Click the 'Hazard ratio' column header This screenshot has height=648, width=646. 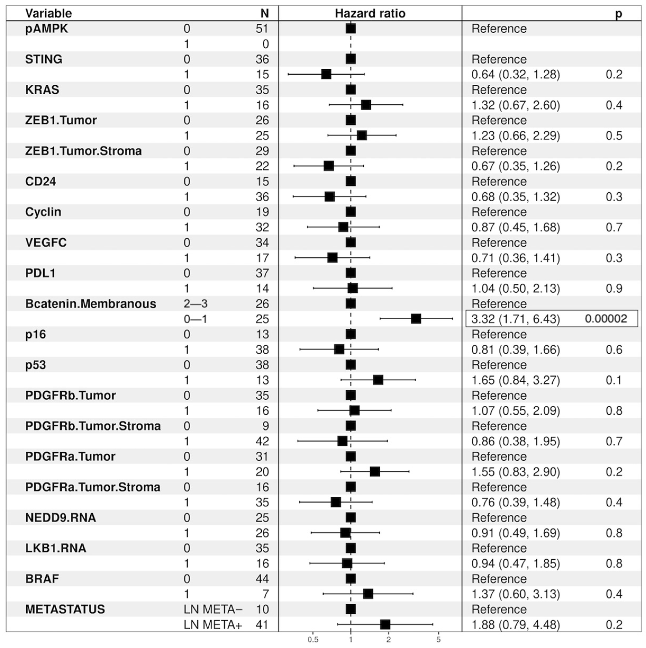[370, 13]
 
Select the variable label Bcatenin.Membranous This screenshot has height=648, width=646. [90, 303]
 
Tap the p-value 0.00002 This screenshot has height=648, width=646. [606, 319]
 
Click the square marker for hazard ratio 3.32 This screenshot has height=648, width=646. [416, 319]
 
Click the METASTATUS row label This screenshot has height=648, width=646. [65, 609]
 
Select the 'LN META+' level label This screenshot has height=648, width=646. [213, 624]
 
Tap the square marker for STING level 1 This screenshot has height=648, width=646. [326, 74]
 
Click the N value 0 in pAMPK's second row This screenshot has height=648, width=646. [265, 44]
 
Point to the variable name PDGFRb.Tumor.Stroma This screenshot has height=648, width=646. [93, 426]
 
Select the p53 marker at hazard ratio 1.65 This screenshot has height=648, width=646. [378, 380]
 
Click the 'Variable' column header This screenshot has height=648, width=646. [49, 13]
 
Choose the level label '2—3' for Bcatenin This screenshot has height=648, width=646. [195, 303]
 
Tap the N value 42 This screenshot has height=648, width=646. [262, 441]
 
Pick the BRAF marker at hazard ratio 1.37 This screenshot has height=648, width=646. [368, 594]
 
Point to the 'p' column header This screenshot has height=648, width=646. [618, 14]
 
